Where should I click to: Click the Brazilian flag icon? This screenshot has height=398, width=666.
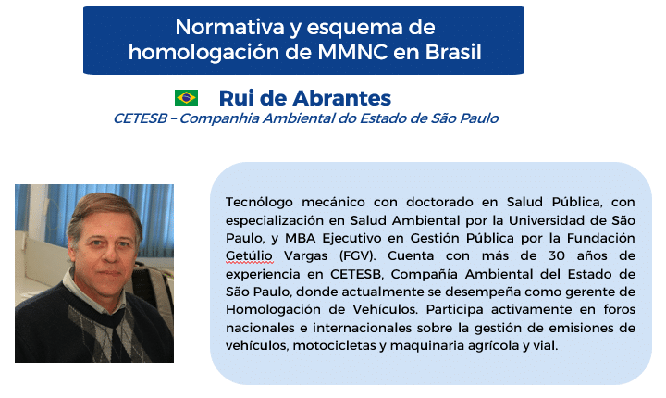coord(186,97)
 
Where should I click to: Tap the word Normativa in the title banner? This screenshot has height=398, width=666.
coord(229,27)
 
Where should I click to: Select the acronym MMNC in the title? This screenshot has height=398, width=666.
coord(352,52)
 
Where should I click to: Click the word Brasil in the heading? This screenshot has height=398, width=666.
coord(453,52)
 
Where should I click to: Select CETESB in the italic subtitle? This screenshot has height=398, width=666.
coord(141,118)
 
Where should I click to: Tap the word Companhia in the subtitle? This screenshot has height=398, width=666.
coord(219,118)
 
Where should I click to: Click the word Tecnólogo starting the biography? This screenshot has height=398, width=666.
coord(259,202)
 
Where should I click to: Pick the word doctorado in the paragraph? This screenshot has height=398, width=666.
coord(439,202)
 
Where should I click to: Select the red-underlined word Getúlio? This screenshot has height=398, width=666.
coord(249,256)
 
